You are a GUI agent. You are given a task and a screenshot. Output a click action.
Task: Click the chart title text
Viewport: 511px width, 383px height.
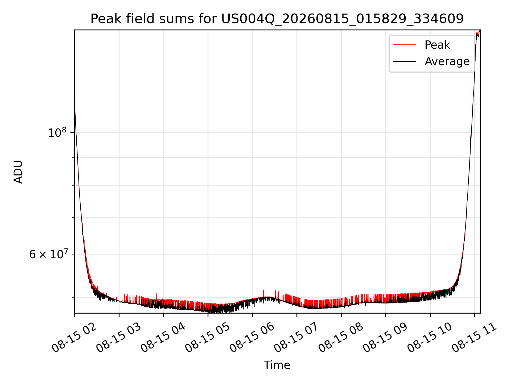point(277,19)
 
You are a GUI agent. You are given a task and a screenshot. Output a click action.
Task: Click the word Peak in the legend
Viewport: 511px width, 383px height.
point(437,45)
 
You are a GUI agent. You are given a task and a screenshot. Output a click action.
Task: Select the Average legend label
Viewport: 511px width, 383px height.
point(447,61)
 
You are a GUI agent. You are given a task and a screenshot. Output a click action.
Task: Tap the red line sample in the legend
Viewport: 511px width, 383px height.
point(405,45)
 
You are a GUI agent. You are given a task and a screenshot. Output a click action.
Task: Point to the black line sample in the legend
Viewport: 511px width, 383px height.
point(405,61)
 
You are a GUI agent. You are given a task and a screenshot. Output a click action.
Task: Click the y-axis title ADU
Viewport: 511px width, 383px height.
point(18,172)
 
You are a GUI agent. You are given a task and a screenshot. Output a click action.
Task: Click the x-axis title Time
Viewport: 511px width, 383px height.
point(277,365)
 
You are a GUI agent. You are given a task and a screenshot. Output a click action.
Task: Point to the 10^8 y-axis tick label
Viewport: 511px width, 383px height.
point(57,132)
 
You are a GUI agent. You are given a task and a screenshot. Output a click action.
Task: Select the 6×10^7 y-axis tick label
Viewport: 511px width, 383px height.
point(48,254)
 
